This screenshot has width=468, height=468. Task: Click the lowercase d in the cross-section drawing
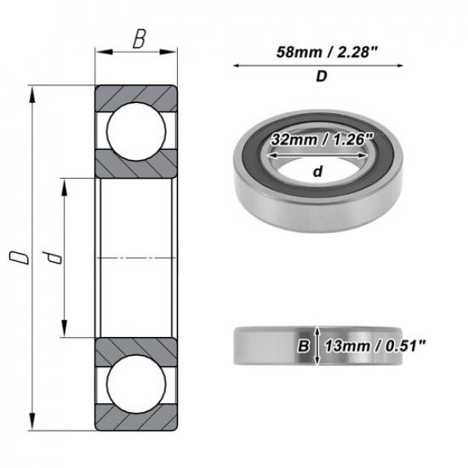(53, 258)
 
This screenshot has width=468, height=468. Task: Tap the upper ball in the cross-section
(136, 128)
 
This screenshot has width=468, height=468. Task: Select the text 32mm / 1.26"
(321, 141)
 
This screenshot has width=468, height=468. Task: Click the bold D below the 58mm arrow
(322, 77)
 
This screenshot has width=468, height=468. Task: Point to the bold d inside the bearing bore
(317, 171)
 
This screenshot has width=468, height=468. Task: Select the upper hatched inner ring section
(136, 162)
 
